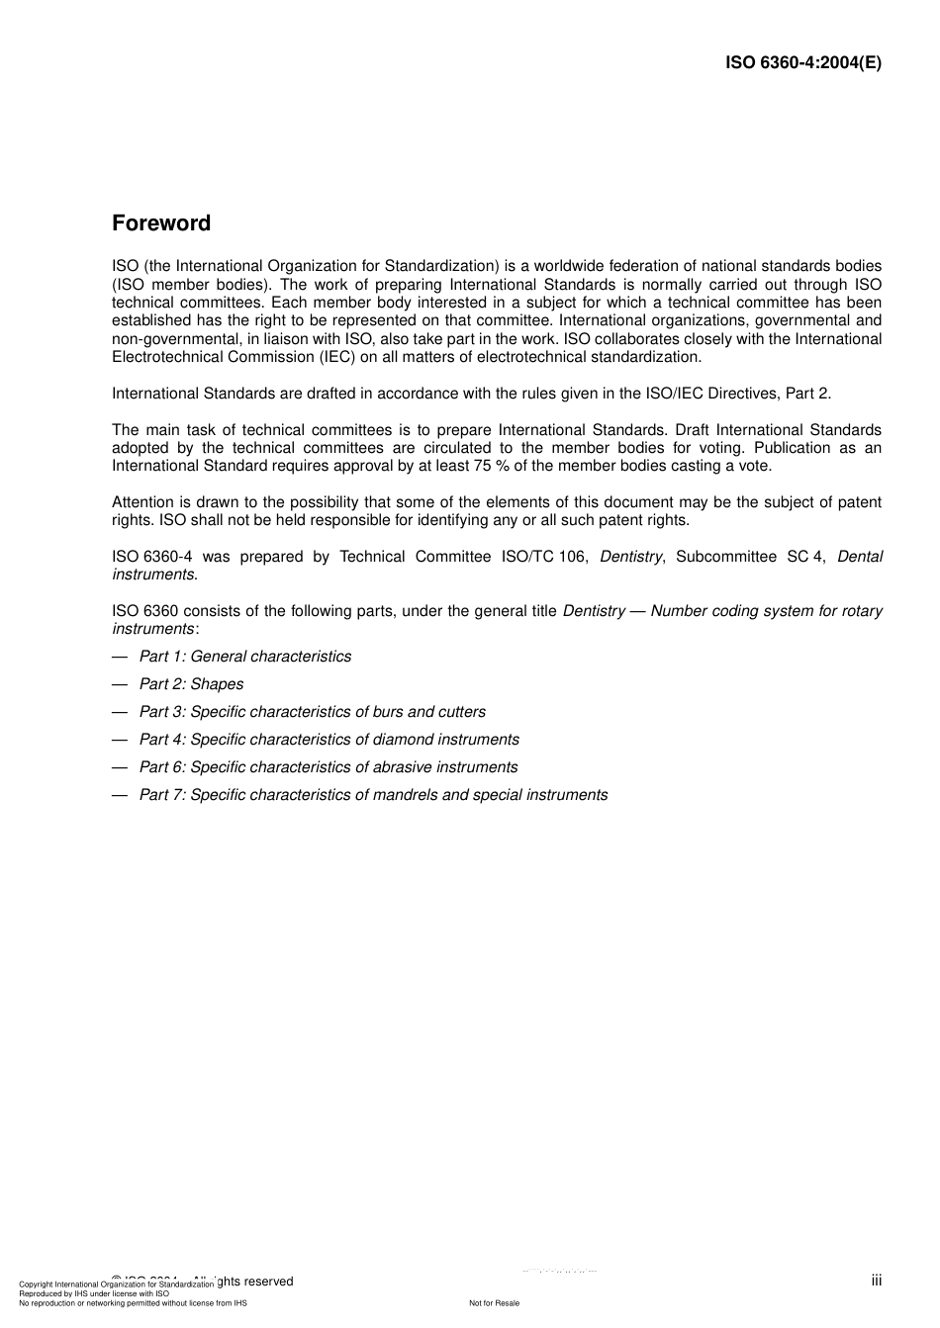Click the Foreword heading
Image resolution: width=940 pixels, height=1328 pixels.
(x=161, y=223)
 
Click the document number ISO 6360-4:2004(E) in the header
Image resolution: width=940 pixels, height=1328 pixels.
(x=802, y=62)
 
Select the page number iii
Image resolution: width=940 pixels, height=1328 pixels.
(x=876, y=1281)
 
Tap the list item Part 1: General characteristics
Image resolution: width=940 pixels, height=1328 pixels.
(x=244, y=657)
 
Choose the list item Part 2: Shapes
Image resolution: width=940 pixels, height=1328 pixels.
(x=191, y=684)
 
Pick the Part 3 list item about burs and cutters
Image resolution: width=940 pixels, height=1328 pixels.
(x=312, y=712)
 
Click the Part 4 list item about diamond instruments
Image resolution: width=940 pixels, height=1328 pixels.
(x=329, y=740)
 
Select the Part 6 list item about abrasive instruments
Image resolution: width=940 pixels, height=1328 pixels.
(x=328, y=767)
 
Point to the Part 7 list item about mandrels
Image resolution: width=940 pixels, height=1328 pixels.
(x=373, y=795)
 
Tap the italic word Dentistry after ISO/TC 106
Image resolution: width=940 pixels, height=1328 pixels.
(x=631, y=557)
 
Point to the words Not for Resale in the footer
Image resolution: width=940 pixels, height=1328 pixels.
(x=494, y=1303)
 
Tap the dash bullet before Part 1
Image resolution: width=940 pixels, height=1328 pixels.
(x=120, y=657)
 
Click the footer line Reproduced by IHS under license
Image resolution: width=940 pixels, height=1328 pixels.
(x=94, y=1293)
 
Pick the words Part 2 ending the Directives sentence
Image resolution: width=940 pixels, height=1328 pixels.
(x=807, y=394)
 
